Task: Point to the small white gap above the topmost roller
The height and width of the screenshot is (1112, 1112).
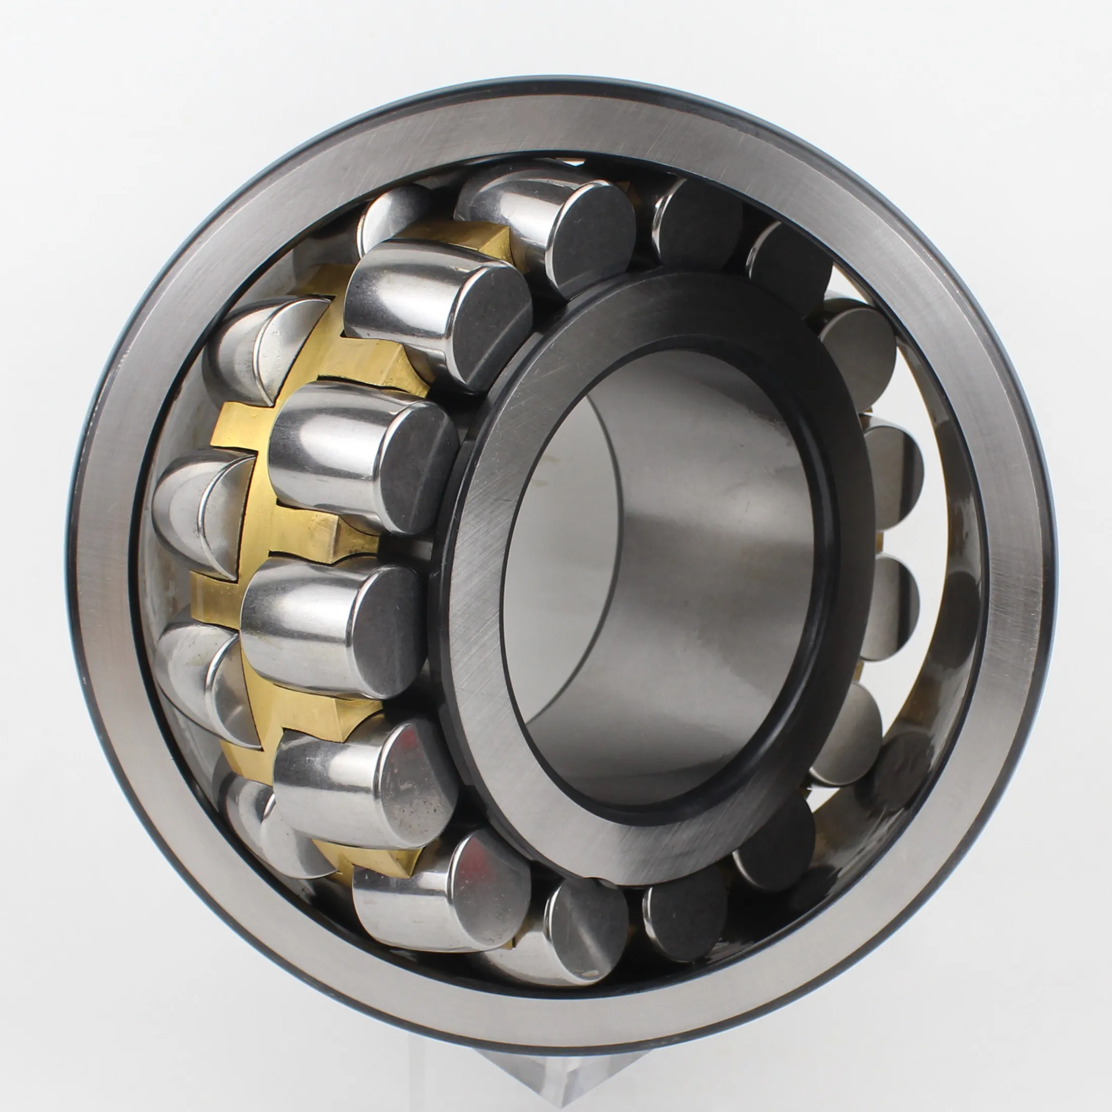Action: coord(570,162)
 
